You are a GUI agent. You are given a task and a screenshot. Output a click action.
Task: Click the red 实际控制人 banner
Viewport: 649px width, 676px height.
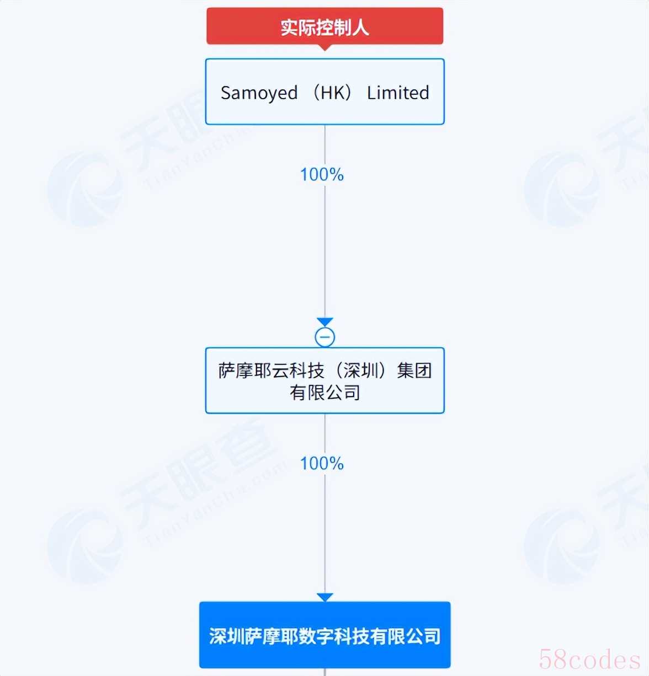pyautogui.click(x=324, y=26)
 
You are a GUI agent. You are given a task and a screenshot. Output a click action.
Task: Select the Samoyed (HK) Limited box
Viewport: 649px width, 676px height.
pyautogui.click(x=324, y=92)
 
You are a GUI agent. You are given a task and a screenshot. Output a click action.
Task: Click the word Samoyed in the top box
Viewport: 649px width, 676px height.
pyautogui.click(x=259, y=93)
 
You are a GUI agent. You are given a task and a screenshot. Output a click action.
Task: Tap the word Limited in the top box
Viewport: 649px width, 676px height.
pyautogui.click(x=398, y=93)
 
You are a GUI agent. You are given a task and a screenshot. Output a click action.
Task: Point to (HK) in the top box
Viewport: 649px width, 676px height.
pyautogui.click(x=332, y=93)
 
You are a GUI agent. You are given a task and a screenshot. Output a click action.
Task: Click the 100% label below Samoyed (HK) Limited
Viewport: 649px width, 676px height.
pyautogui.click(x=322, y=174)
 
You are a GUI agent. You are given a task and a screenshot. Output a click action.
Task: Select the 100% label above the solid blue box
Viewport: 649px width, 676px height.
pyautogui.click(x=322, y=463)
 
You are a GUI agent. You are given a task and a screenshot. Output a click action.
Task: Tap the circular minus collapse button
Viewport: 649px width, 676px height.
pyautogui.click(x=324, y=337)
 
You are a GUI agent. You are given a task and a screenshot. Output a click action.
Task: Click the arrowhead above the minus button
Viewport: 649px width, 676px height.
pyautogui.click(x=324, y=321)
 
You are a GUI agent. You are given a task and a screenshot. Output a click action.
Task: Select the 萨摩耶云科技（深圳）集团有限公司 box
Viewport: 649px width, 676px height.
pyautogui.click(x=324, y=380)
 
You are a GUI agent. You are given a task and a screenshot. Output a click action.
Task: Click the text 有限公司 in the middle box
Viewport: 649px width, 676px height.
pyautogui.click(x=324, y=393)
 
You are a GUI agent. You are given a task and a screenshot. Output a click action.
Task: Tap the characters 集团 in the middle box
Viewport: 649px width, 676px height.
pyautogui.click(x=414, y=371)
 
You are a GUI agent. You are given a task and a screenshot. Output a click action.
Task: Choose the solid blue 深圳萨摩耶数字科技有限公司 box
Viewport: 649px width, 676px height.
pyautogui.click(x=324, y=635)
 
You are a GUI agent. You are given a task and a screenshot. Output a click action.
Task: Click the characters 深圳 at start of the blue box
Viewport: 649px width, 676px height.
pyautogui.click(x=227, y=636)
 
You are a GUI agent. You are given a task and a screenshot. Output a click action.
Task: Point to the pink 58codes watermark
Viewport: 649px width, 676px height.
pyautogui.click(x=589, y=659)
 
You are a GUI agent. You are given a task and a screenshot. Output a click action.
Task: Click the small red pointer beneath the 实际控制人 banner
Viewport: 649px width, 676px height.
pyautogui.click(x=324, y=47)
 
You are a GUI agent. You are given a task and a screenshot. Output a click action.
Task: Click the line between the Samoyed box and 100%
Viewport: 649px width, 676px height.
pyautogui.click(x=324, y=146)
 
